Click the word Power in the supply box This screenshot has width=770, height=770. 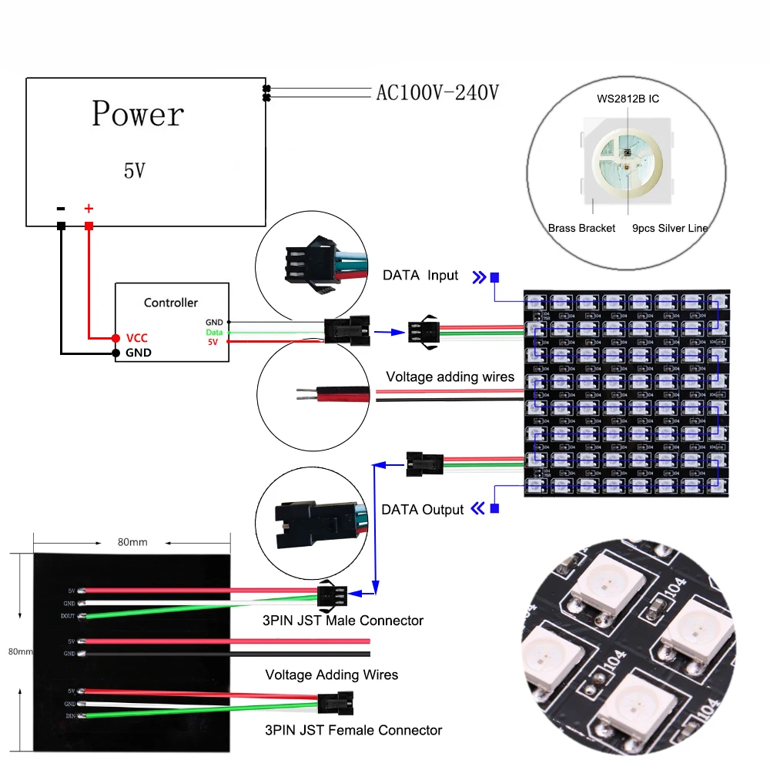[138, 114]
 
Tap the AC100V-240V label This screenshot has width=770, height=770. [437, 93]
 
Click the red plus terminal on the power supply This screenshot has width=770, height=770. [89, 226]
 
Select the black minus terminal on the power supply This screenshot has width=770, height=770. [61, 226]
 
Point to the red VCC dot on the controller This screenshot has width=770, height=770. [115, 338]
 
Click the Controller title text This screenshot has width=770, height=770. [171, 303]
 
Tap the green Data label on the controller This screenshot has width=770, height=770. [213, 332]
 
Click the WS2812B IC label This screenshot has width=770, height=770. [628, 99]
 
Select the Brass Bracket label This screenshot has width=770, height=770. [581, 228]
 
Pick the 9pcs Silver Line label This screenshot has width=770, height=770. [669, 228]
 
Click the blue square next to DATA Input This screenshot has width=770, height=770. [494, 277]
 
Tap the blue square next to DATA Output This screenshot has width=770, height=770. [494, 508]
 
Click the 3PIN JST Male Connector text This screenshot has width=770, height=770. [343, 620]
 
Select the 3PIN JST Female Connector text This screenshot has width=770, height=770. [353, 729]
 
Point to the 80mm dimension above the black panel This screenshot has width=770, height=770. [132, 542]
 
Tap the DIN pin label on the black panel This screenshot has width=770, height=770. [70, 715]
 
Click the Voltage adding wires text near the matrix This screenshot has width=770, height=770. [450, 377]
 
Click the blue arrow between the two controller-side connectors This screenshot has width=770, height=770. [389, 333]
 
